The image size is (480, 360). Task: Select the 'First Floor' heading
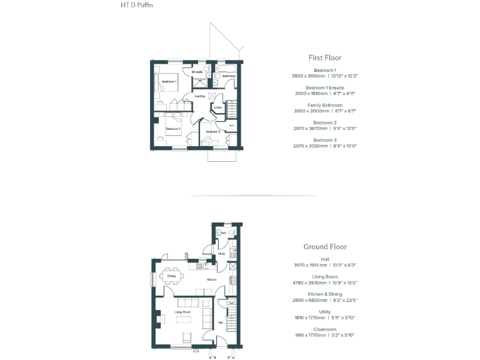click(324, 57)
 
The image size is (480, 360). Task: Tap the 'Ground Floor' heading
click(324, 247)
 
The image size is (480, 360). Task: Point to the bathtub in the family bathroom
click(225, 67)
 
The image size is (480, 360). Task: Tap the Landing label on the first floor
click(200, 96)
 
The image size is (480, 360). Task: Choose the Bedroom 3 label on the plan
click(213, 132)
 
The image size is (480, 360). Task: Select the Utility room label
click(221, 254)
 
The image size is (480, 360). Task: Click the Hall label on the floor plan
click(221, 322)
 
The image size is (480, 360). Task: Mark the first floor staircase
click(231, 109)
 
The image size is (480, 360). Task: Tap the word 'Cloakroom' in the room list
click(324, 329)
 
